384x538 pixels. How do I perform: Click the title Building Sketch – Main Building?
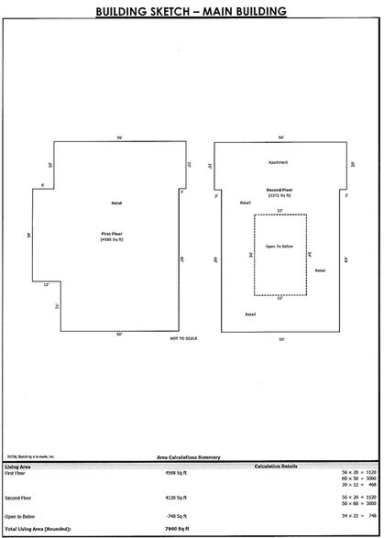click(192, 11)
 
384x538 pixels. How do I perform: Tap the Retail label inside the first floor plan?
click(116, 203)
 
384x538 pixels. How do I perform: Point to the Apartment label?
click(279, 162)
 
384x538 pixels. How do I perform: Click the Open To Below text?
click(279, 247)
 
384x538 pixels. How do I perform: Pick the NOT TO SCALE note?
click(183, 339)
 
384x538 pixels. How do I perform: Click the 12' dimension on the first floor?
click(46, 285)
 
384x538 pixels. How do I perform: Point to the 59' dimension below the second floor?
click(280, 340)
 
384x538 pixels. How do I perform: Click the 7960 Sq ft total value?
click(174, 530)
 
